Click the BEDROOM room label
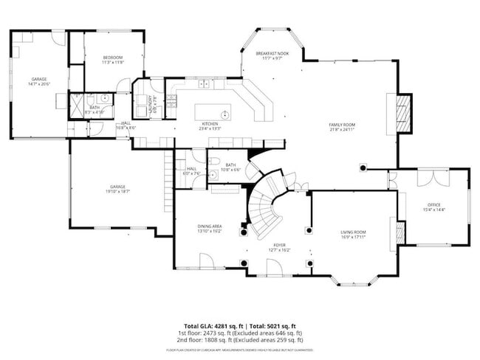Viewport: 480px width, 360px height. coord(112,58)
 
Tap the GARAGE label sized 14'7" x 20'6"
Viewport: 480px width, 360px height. coord(39,79)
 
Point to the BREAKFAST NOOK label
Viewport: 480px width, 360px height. coord(272,54)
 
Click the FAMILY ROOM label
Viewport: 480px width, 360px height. coord(342,125)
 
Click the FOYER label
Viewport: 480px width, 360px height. coord(280,246)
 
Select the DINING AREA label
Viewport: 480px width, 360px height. coord(210,226)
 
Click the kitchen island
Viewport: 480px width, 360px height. coord(212,112)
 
